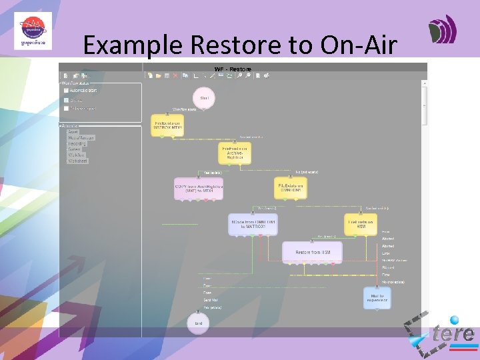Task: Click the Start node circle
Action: (x=204, y=98)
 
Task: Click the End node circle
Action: (x=199, y=323)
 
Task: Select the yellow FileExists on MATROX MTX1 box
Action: (x=167, y=125)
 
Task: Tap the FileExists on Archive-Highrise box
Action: (x=234, y=153)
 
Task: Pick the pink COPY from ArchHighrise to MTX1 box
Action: (x=199, y=188)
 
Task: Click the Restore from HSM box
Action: (x=312, y=252)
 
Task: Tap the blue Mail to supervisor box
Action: (x=377, y=298)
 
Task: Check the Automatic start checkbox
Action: (x=66, y=90)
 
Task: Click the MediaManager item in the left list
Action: (x=81, y=138)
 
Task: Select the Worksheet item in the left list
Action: (x=78, y=161)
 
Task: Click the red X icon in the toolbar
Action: (x=175, y=76)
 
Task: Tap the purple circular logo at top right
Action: (x=442, y=30)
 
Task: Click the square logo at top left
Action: (x=32, y=31)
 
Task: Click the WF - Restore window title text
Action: (x=233, y=69)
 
